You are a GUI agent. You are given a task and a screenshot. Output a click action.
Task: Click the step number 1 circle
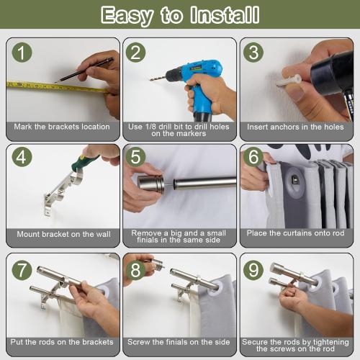(24, 53)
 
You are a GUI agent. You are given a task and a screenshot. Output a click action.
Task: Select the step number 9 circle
(256, 271)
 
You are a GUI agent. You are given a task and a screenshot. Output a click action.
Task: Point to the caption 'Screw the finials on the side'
(179, 342)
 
